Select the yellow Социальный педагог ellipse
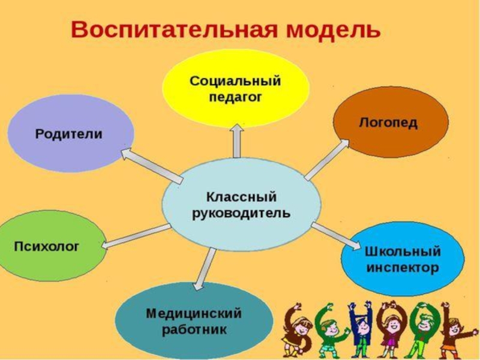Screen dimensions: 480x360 coord(236,88)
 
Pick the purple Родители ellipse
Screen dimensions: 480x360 coord(70,133)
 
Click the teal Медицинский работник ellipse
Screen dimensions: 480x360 coord(193,321)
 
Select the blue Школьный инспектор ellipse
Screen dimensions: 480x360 coord(403,259)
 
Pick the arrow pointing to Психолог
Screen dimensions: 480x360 coord(136,235)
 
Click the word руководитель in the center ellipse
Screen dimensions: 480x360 coord(241,213)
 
